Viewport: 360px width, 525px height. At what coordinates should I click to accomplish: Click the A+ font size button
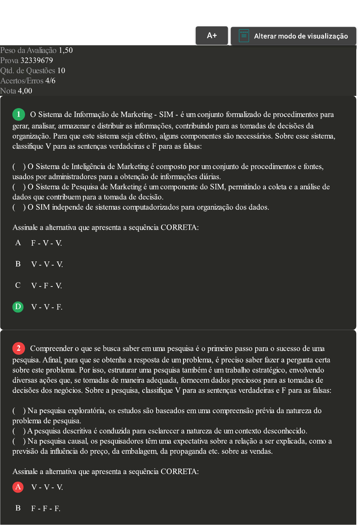(x=212, y=35)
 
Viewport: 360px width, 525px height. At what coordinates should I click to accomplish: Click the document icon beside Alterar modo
(x=244, y=36)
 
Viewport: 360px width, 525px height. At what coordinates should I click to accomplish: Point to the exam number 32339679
(x=37, y=60)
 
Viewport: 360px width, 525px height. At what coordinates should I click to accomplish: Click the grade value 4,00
(x=25, y=91)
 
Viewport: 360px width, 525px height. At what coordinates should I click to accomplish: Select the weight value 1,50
(x=66, y=50)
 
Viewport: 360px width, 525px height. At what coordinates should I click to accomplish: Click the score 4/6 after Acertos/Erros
(x=50, y=81)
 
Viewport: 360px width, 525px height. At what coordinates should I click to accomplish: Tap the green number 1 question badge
(x=19, y=114)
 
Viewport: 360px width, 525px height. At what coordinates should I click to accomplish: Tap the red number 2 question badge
(x=19, y=348)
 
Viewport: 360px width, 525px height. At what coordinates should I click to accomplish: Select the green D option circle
(x=18, y=307)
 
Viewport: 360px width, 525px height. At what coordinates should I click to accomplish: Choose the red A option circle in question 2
(x=18, y=487)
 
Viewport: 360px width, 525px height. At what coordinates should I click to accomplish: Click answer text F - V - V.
(x=46, y=243)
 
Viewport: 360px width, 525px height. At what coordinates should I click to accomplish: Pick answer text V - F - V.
(x=46, y=286)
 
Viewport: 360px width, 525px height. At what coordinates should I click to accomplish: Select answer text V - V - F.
(x=47, y=307)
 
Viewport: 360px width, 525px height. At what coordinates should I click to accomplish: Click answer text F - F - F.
(x=46, y=508)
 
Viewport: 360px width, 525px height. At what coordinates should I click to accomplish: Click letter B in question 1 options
(x=18, y=264)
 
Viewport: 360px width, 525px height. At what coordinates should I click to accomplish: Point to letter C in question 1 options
(x=18, y=285)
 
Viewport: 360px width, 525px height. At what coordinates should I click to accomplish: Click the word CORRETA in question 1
(x=178, y=227)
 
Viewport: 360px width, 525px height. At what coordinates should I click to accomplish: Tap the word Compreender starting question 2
(x=51, y=348)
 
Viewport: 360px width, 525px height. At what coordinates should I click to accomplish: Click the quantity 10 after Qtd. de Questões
(x=61, y=71)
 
